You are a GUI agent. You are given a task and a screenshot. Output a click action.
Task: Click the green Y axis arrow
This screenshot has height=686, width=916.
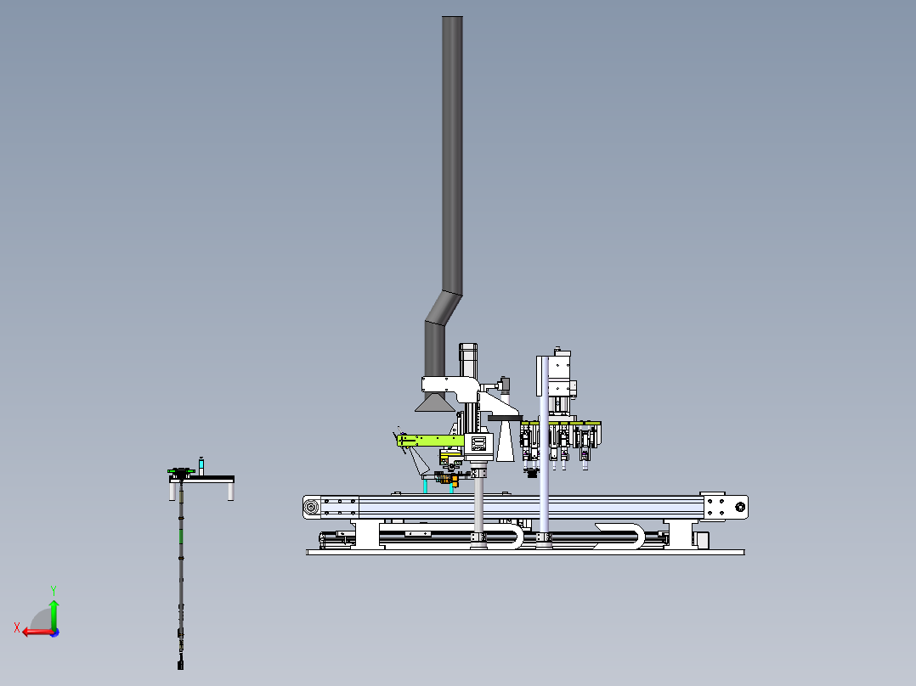coord(54,614)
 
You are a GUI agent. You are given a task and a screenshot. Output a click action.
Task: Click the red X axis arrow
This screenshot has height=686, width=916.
coord(38,632)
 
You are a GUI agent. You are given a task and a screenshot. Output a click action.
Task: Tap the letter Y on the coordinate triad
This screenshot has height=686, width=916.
coord(54,591)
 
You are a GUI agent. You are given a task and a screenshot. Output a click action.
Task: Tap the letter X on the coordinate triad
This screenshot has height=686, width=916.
coord(17,628)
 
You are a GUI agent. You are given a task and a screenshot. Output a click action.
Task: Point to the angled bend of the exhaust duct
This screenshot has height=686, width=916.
coord(444,306)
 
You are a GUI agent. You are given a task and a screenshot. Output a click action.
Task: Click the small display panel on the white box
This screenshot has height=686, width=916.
coord(478,443)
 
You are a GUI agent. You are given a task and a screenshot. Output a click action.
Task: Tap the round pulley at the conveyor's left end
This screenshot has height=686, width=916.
coord(311,507)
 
